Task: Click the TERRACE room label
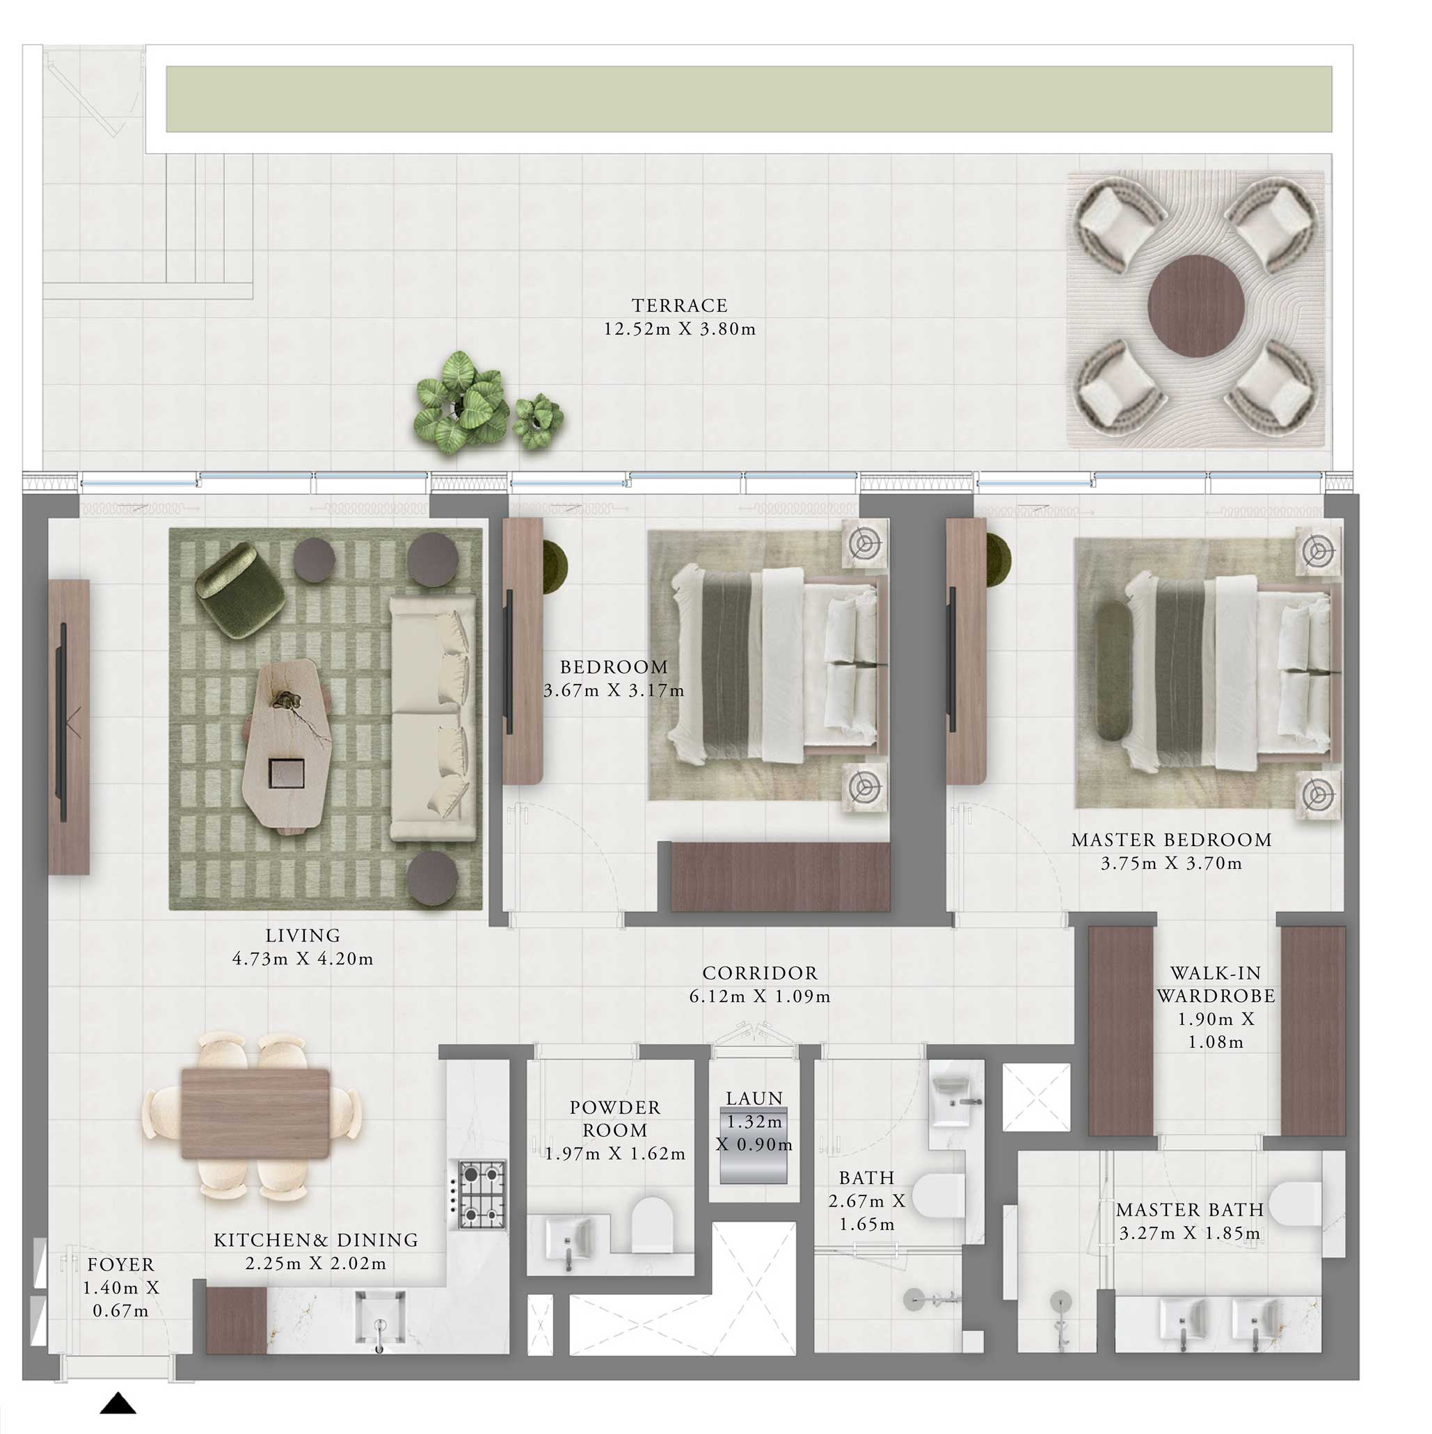(678, 305)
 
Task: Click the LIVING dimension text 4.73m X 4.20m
(302, 959)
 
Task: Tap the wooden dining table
(255, 1113)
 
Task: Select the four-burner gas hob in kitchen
(482, 1194)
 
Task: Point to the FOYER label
(120, 1265)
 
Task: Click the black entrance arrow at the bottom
(118, 1403)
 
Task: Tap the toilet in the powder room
(653, 1224)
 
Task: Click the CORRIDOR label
(759, 973)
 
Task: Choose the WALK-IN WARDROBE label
(1215, 985)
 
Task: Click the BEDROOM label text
(613, 667)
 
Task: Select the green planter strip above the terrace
(748, 99)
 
